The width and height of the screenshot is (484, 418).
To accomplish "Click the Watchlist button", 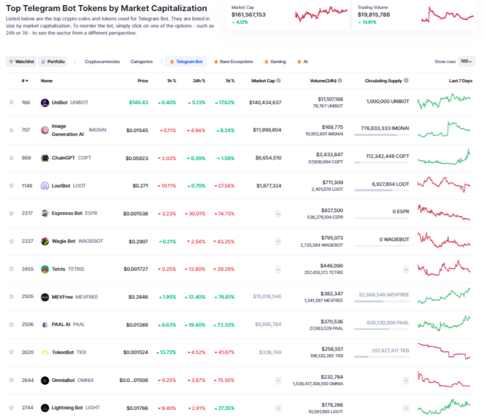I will pos(21,62).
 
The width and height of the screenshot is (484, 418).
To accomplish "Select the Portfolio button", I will pos(53,62).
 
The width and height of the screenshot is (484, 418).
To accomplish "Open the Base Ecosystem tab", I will pos(233,62).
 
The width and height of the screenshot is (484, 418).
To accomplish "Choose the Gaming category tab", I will pos(275,62).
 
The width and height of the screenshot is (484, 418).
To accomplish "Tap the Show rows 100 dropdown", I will pos(466,62).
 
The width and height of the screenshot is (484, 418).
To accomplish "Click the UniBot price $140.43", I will pos(138,102).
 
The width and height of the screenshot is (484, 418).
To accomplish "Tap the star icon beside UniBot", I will pos(11,102).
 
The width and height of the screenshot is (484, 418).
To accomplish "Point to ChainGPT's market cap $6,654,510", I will pos(265,158).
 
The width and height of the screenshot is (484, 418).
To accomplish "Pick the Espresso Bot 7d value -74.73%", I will pos(224,214).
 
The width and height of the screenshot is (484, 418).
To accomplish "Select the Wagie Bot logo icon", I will pos(45,241).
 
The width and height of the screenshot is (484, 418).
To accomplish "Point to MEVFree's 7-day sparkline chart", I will pos(443,296).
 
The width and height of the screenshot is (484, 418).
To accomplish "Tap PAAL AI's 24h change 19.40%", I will pos(195,324).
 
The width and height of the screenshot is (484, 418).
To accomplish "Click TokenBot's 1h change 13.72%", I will pos(166,352).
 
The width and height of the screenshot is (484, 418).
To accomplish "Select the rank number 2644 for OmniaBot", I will pos(27,380).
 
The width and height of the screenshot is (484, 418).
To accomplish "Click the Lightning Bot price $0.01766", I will pos(137,408).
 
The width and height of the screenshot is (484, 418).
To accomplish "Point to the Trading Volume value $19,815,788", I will pos(374,15).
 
